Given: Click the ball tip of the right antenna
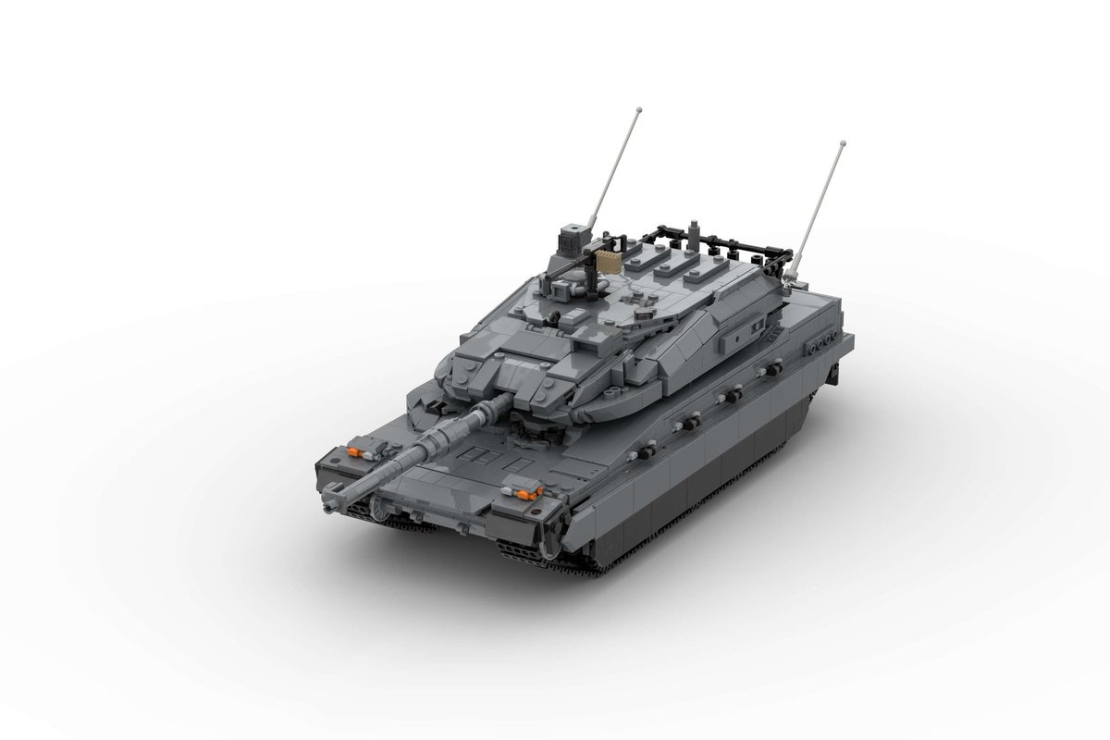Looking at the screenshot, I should [x=842, y=145].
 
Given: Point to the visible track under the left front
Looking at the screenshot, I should [x=393, y=524].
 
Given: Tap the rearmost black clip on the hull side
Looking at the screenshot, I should [x=818, y=344].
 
